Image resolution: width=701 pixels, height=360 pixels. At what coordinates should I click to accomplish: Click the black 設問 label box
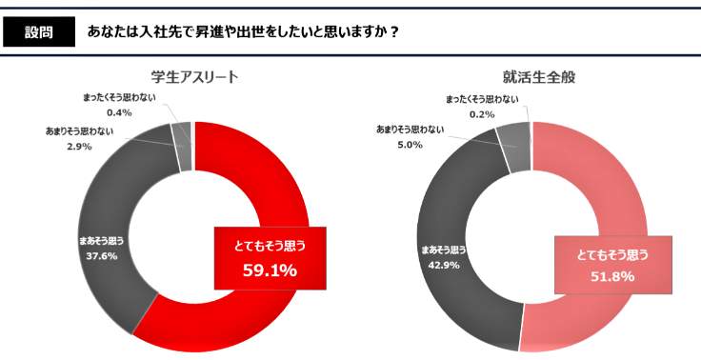pos(39,30)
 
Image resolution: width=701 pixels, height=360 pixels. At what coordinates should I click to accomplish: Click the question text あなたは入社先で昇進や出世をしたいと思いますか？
pos(242,30)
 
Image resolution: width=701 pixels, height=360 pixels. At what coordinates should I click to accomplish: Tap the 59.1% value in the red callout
pos(270,270)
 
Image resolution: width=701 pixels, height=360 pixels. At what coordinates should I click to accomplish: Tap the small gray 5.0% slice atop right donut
pos(514,138)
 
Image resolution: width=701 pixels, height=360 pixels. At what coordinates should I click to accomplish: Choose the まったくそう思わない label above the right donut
pos(482,99)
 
